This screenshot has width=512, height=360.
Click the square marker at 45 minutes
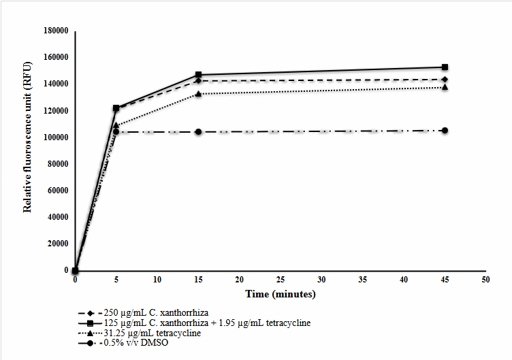coord(445,67)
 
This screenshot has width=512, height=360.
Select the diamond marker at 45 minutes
coord(445,80)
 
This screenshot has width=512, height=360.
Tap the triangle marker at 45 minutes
coord(445,87)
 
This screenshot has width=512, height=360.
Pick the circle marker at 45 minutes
coord(445,130)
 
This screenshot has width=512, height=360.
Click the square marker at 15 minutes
coord(198,75)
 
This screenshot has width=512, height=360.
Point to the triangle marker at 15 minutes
coord(198,94)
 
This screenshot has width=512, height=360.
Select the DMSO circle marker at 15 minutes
coord(198,131)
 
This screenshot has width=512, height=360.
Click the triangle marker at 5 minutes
coord(116,125)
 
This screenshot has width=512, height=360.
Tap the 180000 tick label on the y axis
coord(56,31)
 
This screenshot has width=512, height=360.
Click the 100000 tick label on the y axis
coord(56,137)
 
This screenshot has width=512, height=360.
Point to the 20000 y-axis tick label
coord(58,244)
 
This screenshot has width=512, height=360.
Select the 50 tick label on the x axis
coord(485,280)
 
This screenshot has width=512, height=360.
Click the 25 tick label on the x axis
coord(281,280)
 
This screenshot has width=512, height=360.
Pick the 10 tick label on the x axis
coord(157,280)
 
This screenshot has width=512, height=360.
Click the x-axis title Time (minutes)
coord(281,295)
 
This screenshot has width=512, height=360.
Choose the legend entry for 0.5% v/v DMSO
coord(136,342)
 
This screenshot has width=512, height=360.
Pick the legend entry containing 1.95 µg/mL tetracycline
coord(197,323)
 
